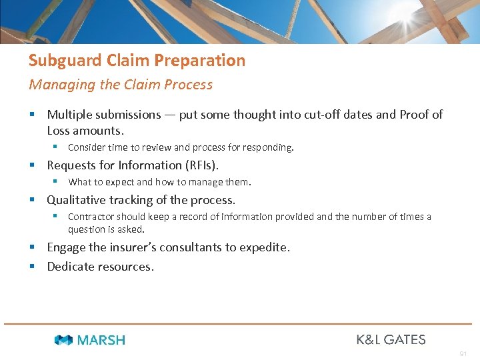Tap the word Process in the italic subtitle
pos(191,85)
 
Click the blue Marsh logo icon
pos(63,340)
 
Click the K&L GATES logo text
pos(391,339)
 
